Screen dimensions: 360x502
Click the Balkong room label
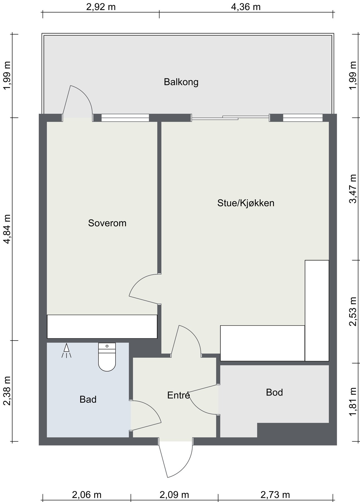tap(181, 82)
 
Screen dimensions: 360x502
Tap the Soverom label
tap(107, 223)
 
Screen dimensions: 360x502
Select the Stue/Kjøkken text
tap(246, 203)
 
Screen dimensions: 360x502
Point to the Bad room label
tap(88, 399)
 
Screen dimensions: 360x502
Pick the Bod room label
tap(274, 392)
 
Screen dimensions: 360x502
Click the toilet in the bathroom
tap(107, 357)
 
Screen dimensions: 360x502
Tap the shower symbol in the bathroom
tap(66, 351)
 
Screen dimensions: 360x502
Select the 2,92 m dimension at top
tap(101, 7)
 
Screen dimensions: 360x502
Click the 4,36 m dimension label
tap(246, 7)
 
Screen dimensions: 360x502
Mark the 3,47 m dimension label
tap(353, 189)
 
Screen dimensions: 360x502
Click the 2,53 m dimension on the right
tap(353, 311)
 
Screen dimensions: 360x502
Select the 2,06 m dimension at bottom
tap(87, 495)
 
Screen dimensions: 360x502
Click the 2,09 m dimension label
tap(174, 495)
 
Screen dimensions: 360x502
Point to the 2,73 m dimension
tap(275, 495)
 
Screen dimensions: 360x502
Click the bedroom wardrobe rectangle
tap(102, 327)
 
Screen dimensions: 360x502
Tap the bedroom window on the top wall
tap(125, 118)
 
